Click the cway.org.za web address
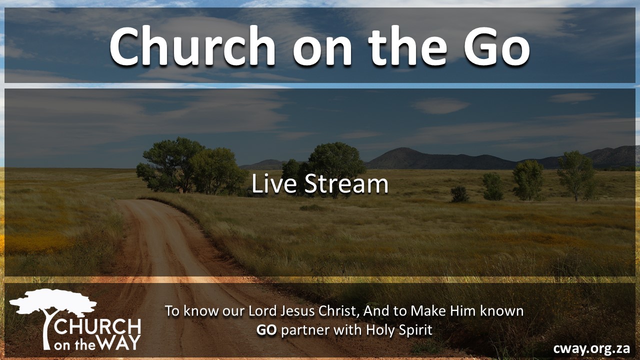point(591,349)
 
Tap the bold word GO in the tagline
point(266,330)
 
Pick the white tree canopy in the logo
point(53,301)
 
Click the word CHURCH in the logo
point(97,327)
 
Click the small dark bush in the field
point(459,194)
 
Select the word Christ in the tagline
point(337,311)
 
